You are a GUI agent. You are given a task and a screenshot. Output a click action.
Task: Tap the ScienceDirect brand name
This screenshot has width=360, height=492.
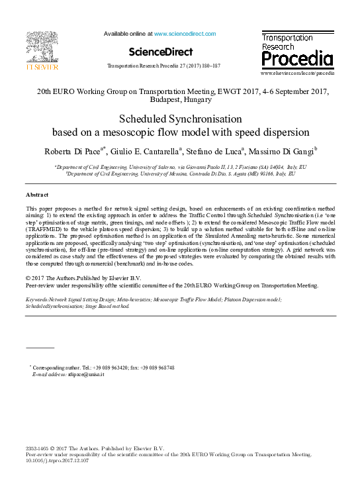(161, 52)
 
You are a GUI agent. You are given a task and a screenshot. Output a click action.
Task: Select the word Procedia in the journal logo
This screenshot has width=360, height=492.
(297, 59)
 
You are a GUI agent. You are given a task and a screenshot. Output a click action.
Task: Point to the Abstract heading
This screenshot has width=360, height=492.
(37, 195)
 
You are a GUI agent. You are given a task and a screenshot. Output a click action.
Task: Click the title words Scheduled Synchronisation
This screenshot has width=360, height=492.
(179, 120)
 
